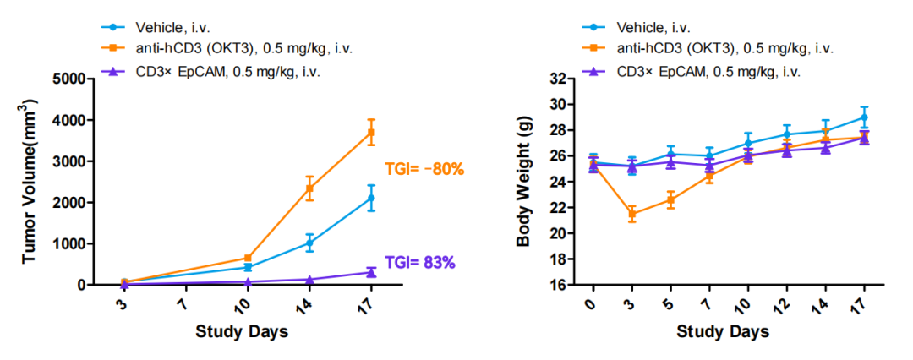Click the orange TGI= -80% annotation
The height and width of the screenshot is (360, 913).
tap(424, 169)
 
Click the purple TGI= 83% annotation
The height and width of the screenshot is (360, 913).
tap(420, 262)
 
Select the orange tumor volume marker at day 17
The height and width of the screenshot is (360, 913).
tap(371, 133)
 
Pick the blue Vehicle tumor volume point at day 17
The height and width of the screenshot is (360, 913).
tap(371, 198)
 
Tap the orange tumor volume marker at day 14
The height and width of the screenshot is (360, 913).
tap(309, 188)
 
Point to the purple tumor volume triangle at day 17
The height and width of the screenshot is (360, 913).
tap(371, 272)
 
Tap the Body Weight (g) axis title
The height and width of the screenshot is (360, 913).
tap(524, 182)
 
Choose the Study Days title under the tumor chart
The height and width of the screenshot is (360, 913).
tap(242, 331)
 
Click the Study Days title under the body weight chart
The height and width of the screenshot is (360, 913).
tap(724, 331)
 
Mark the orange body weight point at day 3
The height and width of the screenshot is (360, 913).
tap(630, 214)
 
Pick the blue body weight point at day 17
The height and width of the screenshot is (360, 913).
tap(864, 117)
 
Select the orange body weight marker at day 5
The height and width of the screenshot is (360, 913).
tap(670, 200)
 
